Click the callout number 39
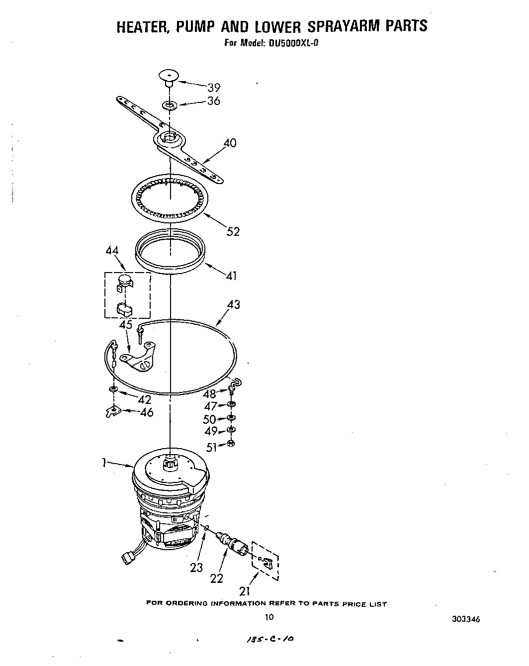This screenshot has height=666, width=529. tap(214, 88)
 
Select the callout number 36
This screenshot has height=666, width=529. tap(214, 101)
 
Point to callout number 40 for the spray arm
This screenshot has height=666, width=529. tap(230, 143)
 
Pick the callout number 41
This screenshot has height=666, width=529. tap(231, 276)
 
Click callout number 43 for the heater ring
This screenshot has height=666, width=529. tap(234, 304)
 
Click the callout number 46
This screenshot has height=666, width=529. tap(147, 412)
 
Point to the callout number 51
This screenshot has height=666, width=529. tap(212, 448)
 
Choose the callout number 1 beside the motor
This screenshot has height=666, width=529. tap(104, 463)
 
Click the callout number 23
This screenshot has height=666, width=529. tap(197, 567)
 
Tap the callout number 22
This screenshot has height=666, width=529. tap(217, 578)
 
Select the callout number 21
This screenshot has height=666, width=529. tap(244, 591)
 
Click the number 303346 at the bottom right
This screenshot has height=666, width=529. tap(465, 619)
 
